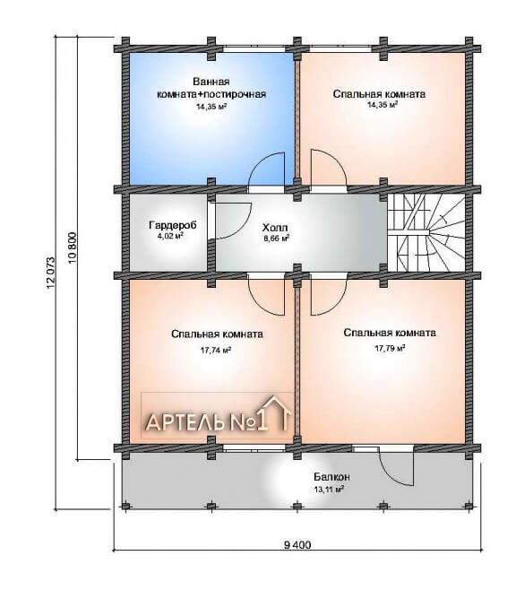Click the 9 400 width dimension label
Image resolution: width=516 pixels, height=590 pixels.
[x=297, y=544]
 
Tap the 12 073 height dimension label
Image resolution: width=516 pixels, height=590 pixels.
[x=51, y=273]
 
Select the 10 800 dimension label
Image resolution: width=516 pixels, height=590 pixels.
[x=73, y=247]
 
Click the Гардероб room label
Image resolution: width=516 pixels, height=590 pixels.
[x=173, y=225]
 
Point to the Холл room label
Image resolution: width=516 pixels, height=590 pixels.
[x=275, y=228]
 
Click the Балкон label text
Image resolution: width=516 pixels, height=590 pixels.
[x=331, y=477]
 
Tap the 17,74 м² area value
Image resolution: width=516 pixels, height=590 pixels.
[x=215, y=350]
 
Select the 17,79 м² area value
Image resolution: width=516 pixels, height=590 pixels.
[x=390, y=349]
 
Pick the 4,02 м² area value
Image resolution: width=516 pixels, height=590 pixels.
[x=170, y=236]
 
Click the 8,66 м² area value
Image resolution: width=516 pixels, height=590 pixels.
[x=276, y=239]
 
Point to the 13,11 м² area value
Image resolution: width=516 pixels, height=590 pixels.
[x=329, y=490]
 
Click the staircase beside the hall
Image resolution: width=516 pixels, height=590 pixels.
[x=426, y=232]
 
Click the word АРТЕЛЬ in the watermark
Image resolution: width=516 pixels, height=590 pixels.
[x=185, y=422]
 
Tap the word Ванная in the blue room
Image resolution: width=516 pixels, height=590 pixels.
[x=211, y=82]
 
